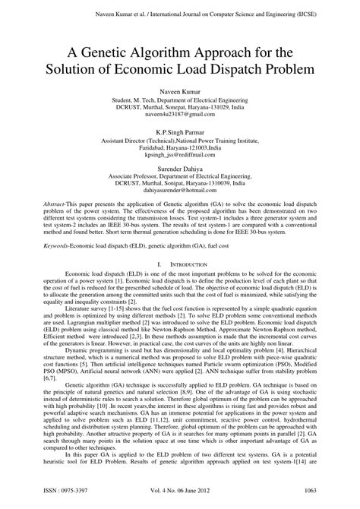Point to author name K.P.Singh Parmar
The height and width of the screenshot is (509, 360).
click(181, 132)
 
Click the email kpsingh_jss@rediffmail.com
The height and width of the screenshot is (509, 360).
click(181, 154)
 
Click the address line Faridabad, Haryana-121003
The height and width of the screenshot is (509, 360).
click(180, 147)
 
